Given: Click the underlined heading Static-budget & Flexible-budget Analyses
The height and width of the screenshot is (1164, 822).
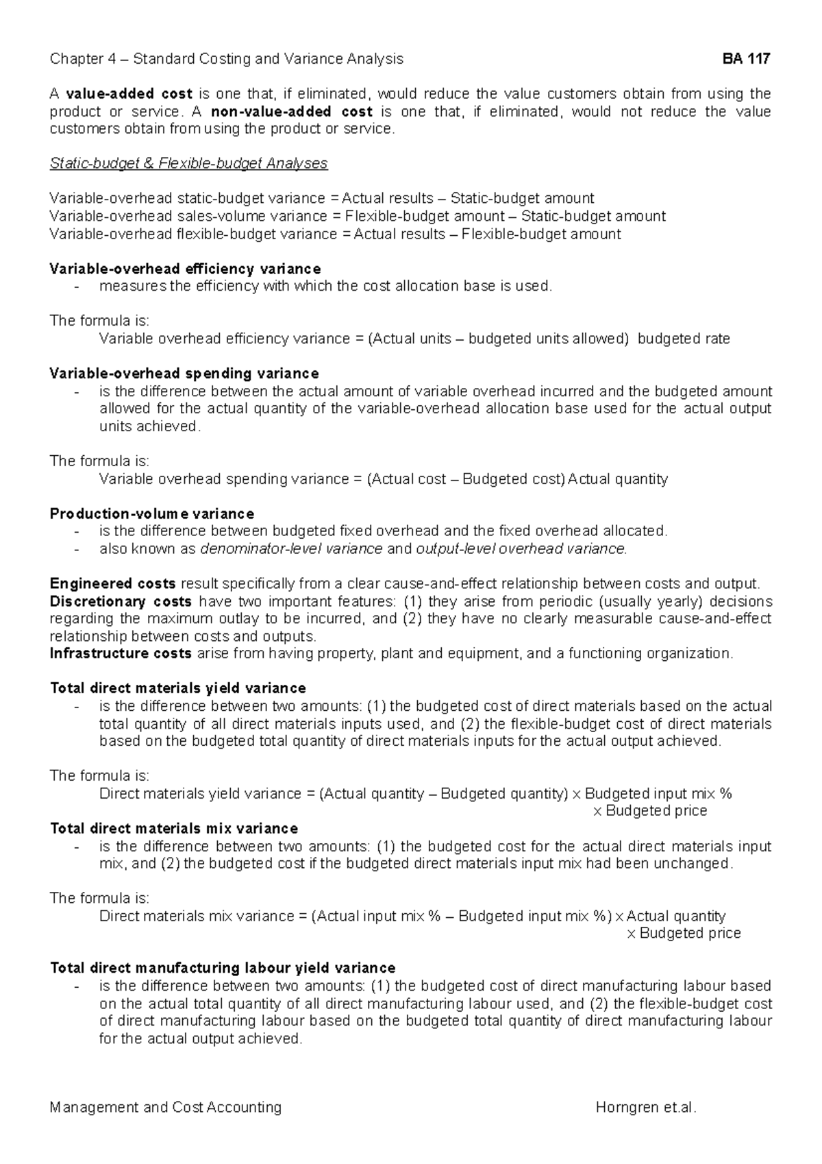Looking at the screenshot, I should click(x=188, y=164).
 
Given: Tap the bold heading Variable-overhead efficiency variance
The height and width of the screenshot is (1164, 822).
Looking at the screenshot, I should click(x=185, y=269).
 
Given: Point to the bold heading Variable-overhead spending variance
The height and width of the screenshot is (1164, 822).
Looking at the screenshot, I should click(x=184, y=374).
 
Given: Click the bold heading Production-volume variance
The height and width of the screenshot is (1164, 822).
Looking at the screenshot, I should click(x=152, y=513).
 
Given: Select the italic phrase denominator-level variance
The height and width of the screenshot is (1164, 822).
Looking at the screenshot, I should click(x=291, y=548).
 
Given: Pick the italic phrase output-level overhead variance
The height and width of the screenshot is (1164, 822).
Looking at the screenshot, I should click(x=521, y=548).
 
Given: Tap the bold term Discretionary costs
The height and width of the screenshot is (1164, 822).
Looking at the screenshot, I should click(x=121, y=601).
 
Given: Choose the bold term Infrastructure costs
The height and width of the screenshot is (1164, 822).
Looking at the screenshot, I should click(x=121, y=653).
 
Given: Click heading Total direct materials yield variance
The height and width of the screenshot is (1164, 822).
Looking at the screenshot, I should click(x=178, y=688).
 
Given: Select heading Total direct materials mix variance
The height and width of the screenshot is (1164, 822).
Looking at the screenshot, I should click(x=174, y=828).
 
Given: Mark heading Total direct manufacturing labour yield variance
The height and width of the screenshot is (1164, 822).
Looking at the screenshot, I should click(x=223, y=968).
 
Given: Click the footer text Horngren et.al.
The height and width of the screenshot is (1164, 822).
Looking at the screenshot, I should click(x=645, y=1107).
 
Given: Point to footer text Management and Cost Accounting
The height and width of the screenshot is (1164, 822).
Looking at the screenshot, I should click(x=166, y=1107).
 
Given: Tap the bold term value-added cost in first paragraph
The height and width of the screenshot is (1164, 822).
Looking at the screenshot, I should click(x=129, y=94).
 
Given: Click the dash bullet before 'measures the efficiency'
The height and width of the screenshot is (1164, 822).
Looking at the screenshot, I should click(x=77, y=287).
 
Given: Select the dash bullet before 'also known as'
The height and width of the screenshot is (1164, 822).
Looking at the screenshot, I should click(x=77, y=548).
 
